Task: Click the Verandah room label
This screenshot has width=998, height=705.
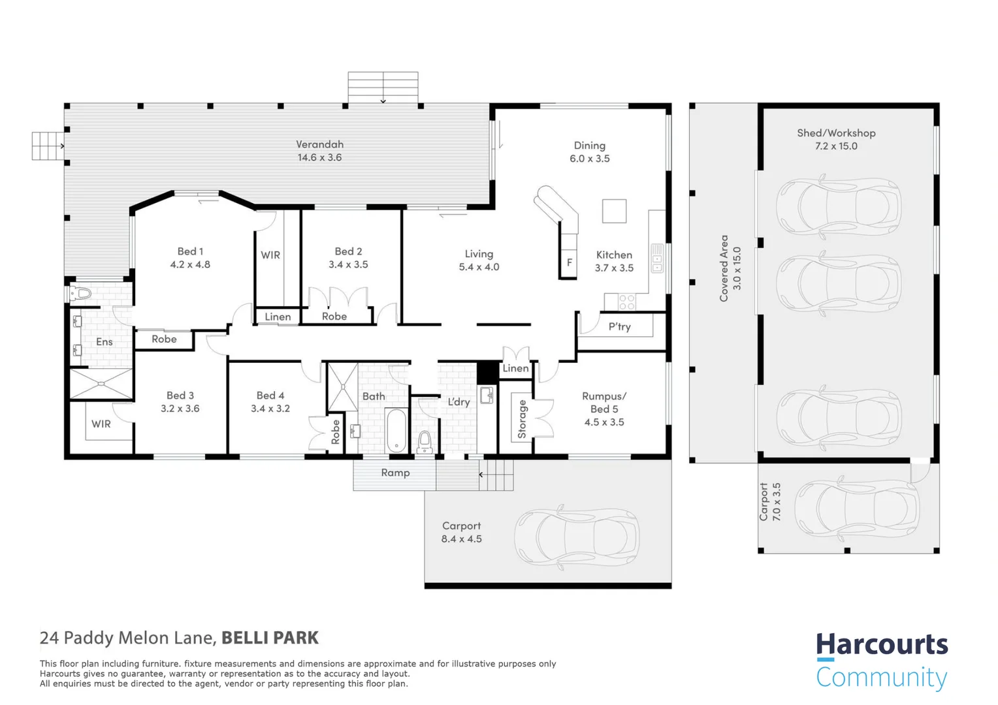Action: pos(319,144)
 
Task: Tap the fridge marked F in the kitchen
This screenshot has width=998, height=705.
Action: pos(569,262)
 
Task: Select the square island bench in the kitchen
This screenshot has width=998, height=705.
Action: pos(614,211)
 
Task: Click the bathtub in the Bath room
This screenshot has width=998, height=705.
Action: pos(396,430)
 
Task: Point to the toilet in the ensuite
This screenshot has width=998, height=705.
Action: pos(80,294)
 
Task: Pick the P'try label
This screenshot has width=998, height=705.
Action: pos(619,326)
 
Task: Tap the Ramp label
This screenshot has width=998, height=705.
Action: pos(395,473)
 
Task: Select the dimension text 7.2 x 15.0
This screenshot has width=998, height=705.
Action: pos(836,146)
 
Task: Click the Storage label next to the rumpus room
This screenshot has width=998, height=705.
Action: pos(522,419)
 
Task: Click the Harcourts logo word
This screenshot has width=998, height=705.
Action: pos(881,645)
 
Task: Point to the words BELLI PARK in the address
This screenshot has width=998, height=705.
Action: pos(270,638)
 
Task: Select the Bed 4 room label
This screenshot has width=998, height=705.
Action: pos(270,396)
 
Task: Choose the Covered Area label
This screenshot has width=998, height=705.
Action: pos(724,268)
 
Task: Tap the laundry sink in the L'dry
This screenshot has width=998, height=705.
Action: pos(487,395)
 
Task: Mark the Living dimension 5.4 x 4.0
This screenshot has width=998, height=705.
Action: pos(479,267)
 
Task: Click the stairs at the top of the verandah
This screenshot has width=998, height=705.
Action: pos(383,87)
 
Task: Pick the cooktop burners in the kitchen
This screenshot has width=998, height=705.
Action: pos(626,302)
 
